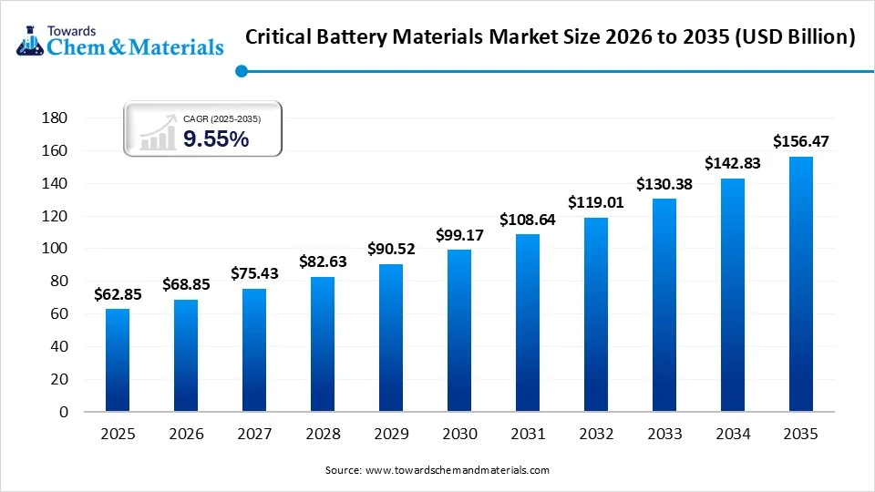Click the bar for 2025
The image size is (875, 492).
[118, 360]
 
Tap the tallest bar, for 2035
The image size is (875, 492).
[800, 283]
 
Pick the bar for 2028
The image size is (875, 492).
[323, 343]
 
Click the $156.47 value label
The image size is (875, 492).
[800, 141]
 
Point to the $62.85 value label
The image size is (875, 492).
[118, 294]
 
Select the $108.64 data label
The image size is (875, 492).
[527, 220]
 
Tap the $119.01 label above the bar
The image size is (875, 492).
[595, 202]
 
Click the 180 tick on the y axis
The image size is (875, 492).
[57, 118]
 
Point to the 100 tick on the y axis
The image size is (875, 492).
[57, 249]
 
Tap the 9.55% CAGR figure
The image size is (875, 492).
[216, 138]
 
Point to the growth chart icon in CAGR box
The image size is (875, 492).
[158, 133]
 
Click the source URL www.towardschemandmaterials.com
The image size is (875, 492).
[457, 470]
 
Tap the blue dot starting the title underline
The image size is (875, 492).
[241, 71]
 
